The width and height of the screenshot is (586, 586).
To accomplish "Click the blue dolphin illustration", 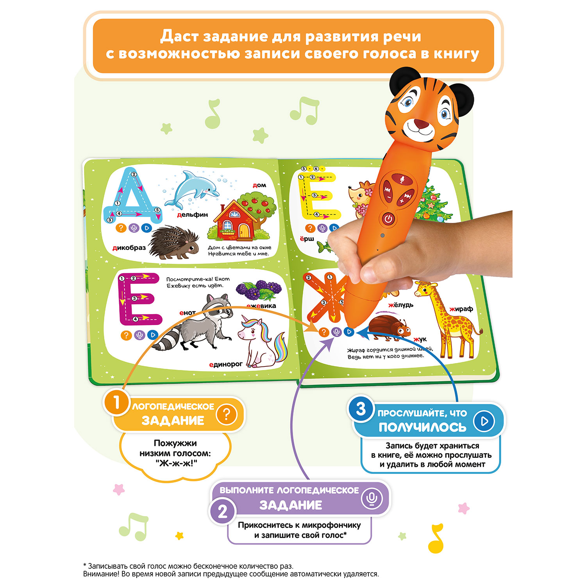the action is click(x=191, y=188).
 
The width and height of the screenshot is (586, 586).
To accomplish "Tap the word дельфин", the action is click(x=192, y=215).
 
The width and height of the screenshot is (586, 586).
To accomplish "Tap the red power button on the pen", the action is click(x=388, y=219).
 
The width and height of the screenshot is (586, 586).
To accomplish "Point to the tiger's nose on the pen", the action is click(x=421, y=125).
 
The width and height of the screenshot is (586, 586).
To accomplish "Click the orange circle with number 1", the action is click(x=116, y=403).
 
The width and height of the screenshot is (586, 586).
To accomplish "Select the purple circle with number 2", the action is click(x=222, y=511).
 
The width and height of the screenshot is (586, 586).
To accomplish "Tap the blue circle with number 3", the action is click(x=361, y=409).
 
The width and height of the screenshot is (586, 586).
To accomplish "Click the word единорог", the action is click(x=226, y=364).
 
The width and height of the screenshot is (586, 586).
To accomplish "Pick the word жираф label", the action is click(x=461, y=309).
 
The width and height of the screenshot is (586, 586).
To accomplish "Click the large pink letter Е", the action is click(x=139, y=299).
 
